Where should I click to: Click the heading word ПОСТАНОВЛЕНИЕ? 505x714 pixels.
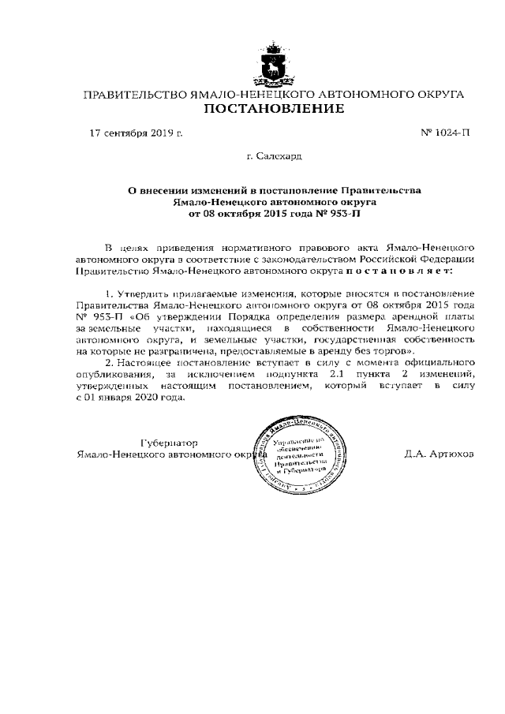(x=274, y=109)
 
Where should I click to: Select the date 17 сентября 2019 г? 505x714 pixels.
(x=137, y=133)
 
